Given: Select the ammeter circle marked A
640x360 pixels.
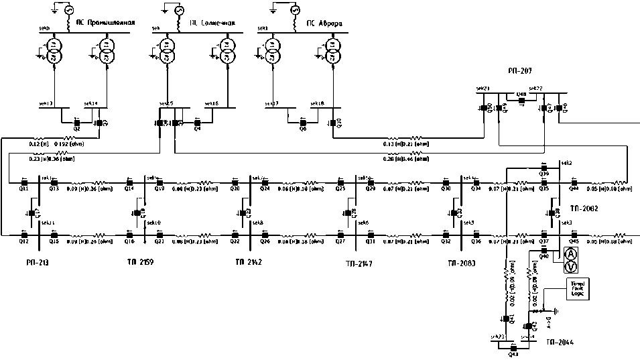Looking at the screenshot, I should [571, 253].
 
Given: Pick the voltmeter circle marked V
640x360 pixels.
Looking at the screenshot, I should [571, 267].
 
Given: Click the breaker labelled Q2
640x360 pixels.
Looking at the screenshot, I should [76, 123].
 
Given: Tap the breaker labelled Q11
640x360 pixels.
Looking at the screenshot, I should [23, 182].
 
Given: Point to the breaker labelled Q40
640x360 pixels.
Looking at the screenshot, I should [543, 251].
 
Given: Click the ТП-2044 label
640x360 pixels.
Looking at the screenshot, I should [559, 342].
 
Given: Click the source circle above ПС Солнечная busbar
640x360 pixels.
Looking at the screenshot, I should [178, 11].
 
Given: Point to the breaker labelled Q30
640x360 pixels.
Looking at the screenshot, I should [446, 182].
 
